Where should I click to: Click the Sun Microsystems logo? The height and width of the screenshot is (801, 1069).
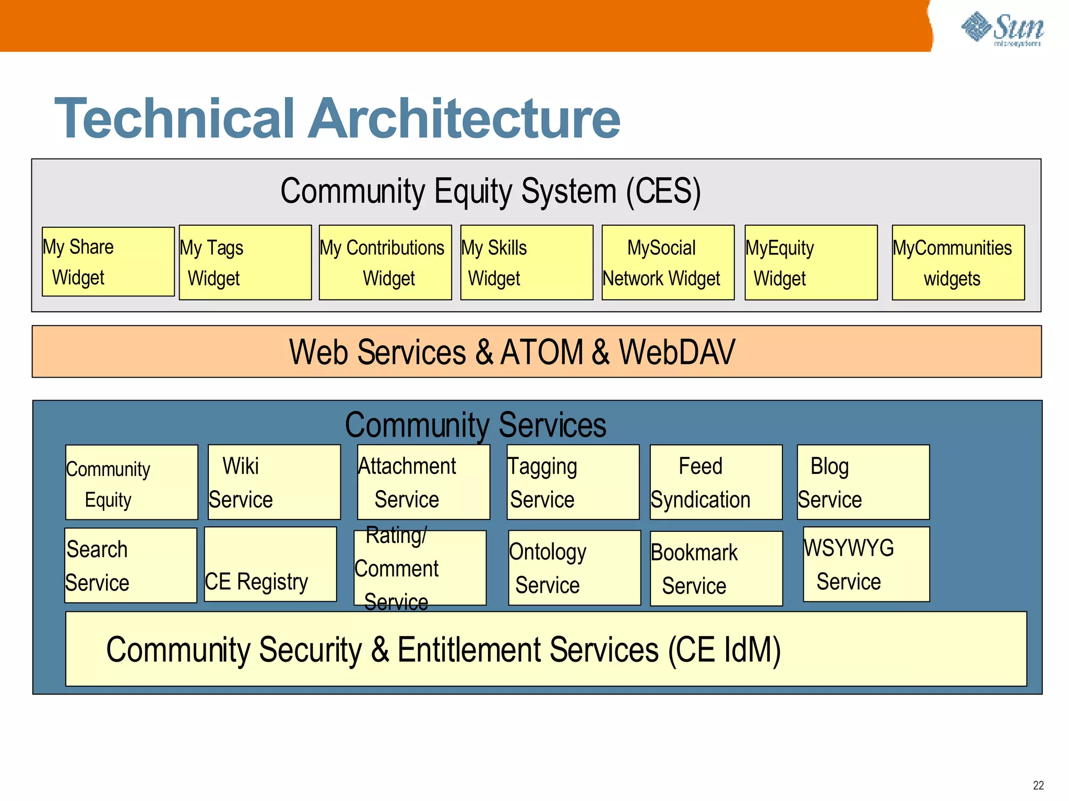tap(1002, 29)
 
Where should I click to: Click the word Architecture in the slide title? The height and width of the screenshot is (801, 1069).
tap(464, 119)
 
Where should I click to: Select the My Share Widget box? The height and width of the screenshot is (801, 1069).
tap(108, 262)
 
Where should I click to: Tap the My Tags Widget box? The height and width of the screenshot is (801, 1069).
tap(245, 262)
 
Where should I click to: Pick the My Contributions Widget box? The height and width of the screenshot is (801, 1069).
tap(385, 262)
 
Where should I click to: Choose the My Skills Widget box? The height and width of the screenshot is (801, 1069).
tap(526, 262)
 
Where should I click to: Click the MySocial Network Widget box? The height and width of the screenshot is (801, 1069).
tap(668, 262)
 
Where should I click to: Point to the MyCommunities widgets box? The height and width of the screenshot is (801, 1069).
tap(958, 262)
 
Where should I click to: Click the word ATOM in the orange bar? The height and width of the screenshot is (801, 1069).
tap(541, 352)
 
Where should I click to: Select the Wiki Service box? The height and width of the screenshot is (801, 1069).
tap(274, 482)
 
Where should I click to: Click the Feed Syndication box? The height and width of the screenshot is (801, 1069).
tap(716, 482)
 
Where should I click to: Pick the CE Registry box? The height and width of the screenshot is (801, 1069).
tap(270, 564)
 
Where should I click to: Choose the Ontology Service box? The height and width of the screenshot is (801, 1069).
tap(574, 568)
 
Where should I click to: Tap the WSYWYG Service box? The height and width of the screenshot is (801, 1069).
tap(866, 564)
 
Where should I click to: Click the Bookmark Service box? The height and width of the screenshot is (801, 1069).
tap(716, 568)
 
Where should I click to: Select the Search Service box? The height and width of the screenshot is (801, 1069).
tap(130, 565)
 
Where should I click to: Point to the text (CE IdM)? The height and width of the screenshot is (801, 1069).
tap(724, 650)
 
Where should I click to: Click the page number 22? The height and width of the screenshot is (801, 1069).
tap(1038, 785)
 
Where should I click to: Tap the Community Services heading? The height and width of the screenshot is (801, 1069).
tap(476, 424)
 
